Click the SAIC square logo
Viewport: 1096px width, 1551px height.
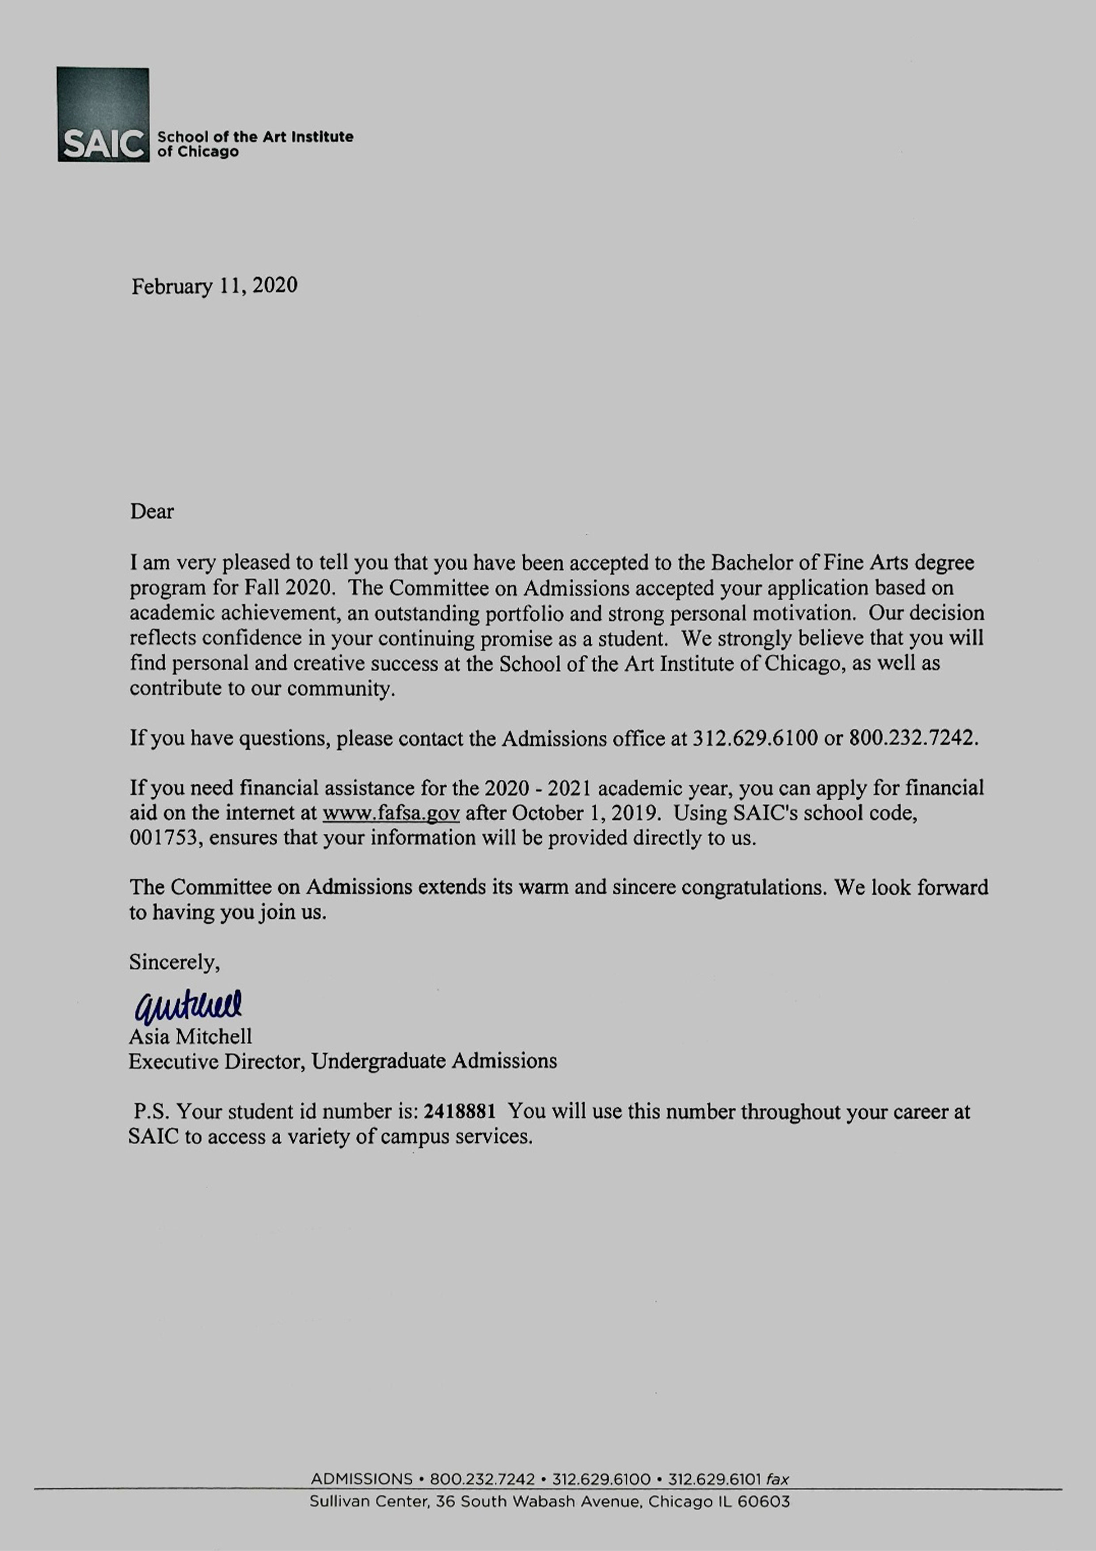(103, 114)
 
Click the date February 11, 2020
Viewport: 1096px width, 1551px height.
(214, 286)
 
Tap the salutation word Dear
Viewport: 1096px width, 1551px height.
(152, 512)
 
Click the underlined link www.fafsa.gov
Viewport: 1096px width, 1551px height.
(391, 813)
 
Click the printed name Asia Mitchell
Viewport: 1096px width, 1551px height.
(190, 1036)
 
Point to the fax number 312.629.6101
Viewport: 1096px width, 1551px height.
(715, 1479)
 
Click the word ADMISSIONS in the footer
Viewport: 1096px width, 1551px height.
(361, 1479)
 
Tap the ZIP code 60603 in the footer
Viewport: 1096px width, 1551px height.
(763, 1501)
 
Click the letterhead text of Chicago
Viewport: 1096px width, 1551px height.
(198, 152)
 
